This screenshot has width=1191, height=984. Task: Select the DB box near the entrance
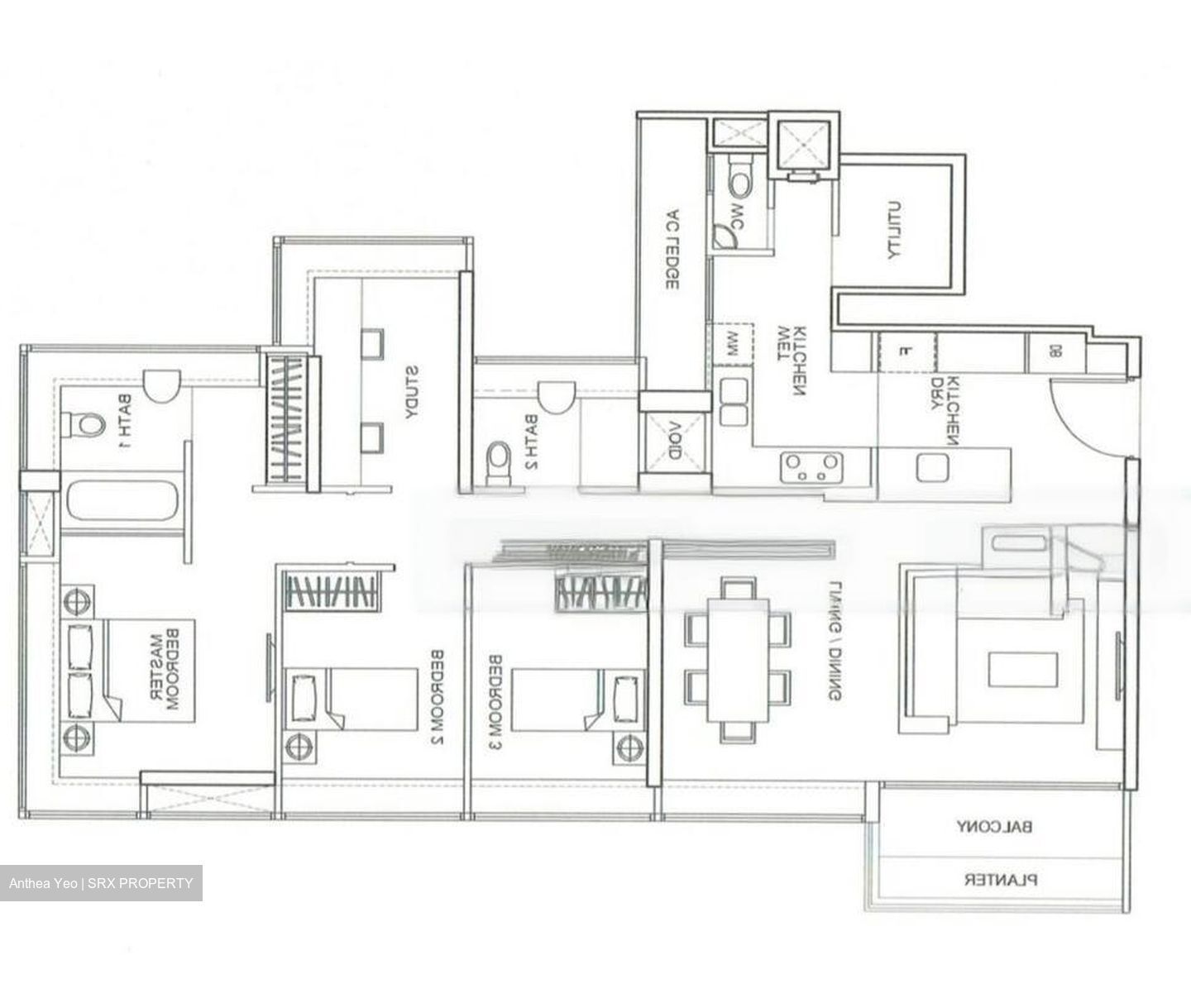[1055, 351]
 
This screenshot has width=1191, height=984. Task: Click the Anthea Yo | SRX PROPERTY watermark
[101, 883]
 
